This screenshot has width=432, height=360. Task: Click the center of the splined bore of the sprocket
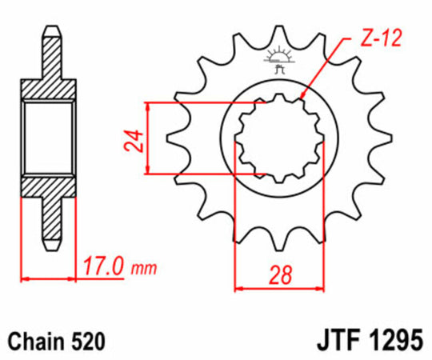(x=277, y=138)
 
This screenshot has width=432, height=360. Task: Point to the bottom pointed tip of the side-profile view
(x=50, y=245)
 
